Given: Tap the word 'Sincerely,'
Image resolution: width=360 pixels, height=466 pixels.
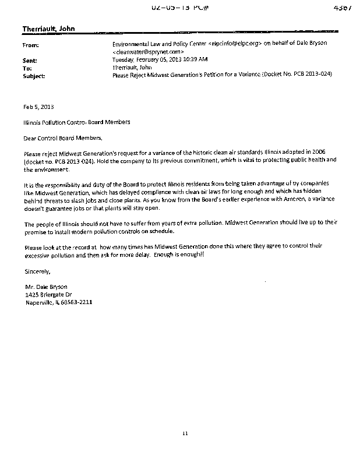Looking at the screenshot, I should click(x=38, y=271).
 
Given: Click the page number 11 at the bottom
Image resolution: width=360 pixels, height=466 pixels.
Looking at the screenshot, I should click(x=186, y=433).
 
